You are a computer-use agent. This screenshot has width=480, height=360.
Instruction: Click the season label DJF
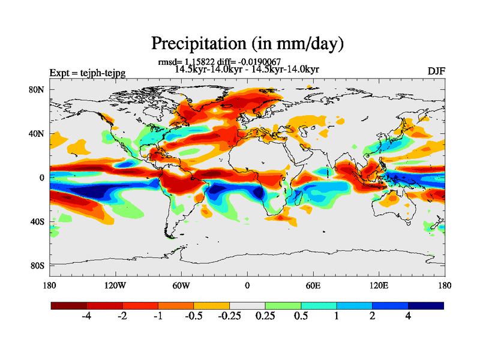tap(436, 71)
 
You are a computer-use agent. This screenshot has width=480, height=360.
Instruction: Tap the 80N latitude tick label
tap(38, 89)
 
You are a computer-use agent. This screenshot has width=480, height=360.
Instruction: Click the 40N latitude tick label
tap(38, 133)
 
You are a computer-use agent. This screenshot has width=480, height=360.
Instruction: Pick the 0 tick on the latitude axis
tap(43, 178)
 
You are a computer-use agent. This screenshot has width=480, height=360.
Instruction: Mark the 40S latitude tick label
tap(38, 221)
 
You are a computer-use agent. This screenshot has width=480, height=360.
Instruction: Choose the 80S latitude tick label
tap(38, 265)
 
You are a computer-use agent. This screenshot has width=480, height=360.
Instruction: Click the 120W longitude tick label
tap(115, 285)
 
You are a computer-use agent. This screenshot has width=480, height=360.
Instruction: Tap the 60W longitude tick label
tap(181, 285)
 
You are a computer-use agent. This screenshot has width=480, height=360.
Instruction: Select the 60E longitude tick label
tap(313, 285)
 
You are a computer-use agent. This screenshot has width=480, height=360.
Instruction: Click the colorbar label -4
tap(86, 317)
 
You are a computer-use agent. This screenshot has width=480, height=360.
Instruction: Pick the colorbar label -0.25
tap(229, 317)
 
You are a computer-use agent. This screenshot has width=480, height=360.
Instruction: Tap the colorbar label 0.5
tap(301, 317)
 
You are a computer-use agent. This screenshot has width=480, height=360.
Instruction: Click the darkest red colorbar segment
tap(69, 305)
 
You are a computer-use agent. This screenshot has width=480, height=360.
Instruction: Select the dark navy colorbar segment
tap(426, 305)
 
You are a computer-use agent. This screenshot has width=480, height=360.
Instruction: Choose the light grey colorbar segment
tap(247, 305)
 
